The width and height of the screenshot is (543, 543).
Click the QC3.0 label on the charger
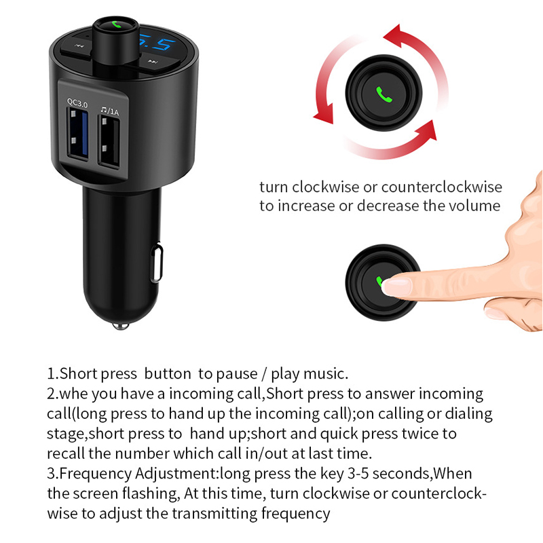77,103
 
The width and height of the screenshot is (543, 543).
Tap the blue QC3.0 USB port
78,134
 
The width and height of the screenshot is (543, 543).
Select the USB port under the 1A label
109,142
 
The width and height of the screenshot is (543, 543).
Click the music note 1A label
110,111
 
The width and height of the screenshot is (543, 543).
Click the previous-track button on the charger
79,46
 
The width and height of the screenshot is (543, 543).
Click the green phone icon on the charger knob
116,24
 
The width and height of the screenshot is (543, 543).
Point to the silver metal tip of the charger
121,326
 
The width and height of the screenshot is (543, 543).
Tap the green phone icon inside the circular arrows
384,94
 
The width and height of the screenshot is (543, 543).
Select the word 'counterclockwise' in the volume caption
442,187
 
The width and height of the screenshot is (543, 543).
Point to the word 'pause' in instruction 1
236,375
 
